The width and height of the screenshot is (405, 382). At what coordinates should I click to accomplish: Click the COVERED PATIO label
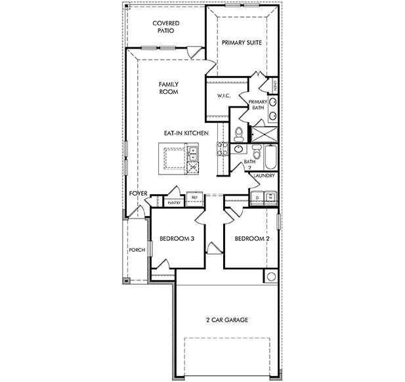point(166,27)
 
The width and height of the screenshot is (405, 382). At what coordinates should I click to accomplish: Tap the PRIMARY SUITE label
point(242,43)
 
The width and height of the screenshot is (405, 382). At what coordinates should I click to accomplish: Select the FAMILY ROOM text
point(169,88)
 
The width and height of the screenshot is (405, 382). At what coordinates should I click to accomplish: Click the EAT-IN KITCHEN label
point(186,133)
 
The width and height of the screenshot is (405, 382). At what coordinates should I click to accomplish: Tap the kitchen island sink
point(194,156)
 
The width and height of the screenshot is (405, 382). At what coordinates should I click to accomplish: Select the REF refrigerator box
point(194,198)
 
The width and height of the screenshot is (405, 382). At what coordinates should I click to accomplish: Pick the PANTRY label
point(174,203)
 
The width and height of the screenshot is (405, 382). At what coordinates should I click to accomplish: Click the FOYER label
point(137,194)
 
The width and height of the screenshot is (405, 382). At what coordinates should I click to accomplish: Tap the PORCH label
point(137,250)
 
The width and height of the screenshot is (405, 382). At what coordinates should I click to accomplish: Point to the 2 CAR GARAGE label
point(226,320)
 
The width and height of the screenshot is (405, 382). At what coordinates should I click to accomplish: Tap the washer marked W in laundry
point(270,196)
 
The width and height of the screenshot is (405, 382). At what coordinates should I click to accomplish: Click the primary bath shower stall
point(263,133)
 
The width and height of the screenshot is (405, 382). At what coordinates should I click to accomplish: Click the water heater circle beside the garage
point(270,276)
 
